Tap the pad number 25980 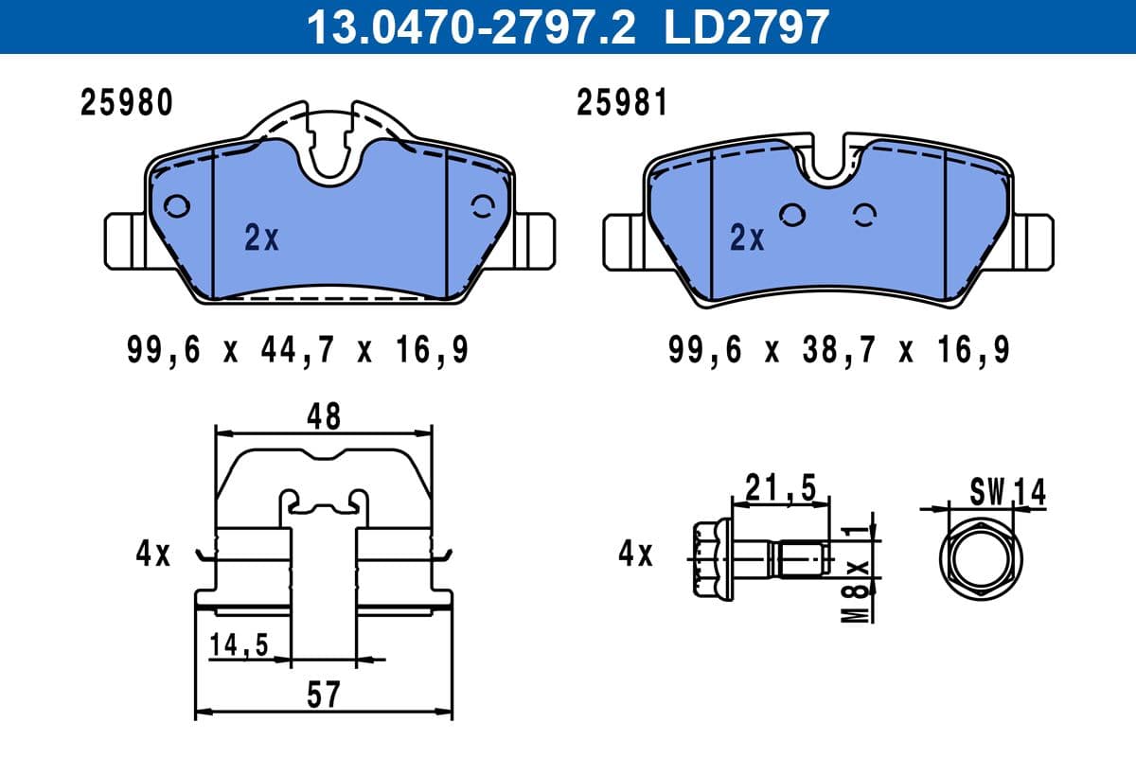pyautogui.click(x=127, y=103)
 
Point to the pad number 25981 pyautogui.click(x=623, y=103)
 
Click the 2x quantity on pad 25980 pyautogui.click(x=261, y=239)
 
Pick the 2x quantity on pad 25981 pyautogui.click(x=747, y=239)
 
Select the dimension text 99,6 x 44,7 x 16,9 pyautogui.click(x=297, y=351)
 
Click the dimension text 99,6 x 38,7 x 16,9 pyautogui.click(x=839, y=351)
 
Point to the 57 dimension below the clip pyautogui.click(x=323, y=695)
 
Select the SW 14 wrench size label pyautogui.click(x=1007, y=491)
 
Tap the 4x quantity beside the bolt pyautogui.click(x=635, y=554)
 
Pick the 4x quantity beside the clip pyautogui.click(x=152, y=554)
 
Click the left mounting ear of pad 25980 pyautogui.click(x=124, y=241)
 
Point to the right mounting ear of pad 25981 pyautogui.click(x=1032, y=241)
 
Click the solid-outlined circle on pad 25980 pyautogui.click(x=176, y=206)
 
